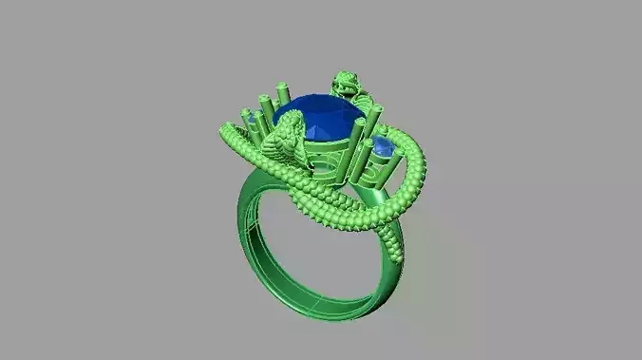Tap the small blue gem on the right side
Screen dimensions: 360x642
click(382, 147)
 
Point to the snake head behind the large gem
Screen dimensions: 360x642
click(347, 84)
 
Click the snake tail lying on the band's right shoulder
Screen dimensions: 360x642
click(395, 249)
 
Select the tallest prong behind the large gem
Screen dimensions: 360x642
click(281, 95)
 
